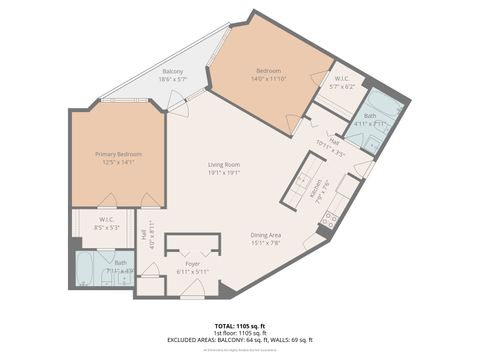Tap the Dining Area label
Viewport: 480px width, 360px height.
tap(271, 235)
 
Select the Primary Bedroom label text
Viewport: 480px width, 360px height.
tap(118, 154)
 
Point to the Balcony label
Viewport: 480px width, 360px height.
tap(172, 72)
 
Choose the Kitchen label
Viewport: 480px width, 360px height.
tap(317, 187)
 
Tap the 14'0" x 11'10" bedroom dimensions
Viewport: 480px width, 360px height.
tap(268, 78)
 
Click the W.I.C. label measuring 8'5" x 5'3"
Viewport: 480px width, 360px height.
tap(107, 221)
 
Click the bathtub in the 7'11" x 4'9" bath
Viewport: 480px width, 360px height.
tap(87, 269)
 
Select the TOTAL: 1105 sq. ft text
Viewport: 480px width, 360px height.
tap(240, 325)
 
